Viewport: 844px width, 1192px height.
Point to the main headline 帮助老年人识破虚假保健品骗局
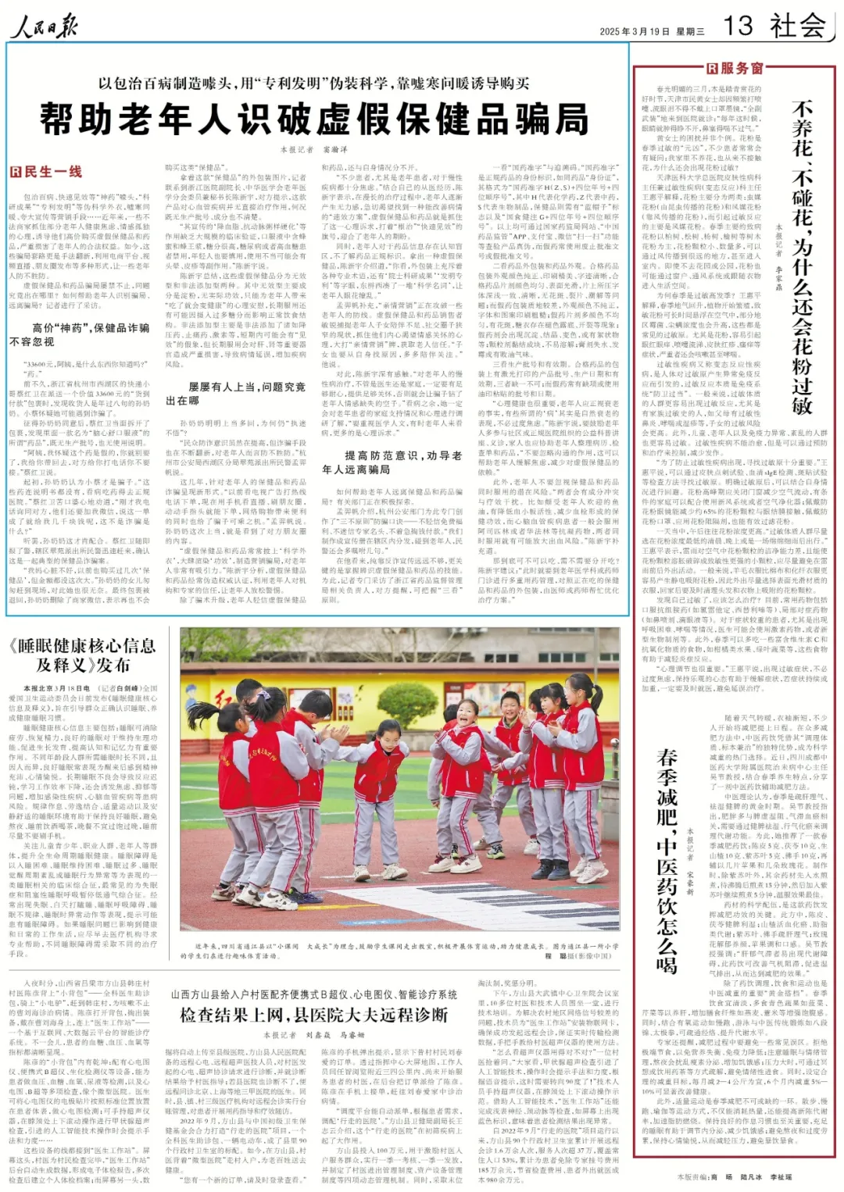tap(314, 120)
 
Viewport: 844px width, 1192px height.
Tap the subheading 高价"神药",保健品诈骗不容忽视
tap(80, 334)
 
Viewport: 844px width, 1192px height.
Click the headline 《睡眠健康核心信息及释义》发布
tap(83, 655)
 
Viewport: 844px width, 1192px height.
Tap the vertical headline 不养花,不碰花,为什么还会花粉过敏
tap(802, 258)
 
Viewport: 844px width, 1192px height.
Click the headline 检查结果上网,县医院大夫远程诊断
tap(314, 1015)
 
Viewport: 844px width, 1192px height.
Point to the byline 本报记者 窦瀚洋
tap(313, 148)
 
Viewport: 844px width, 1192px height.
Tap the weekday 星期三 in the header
tap(690, 32)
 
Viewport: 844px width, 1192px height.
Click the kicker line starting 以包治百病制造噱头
tap(314, 84)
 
